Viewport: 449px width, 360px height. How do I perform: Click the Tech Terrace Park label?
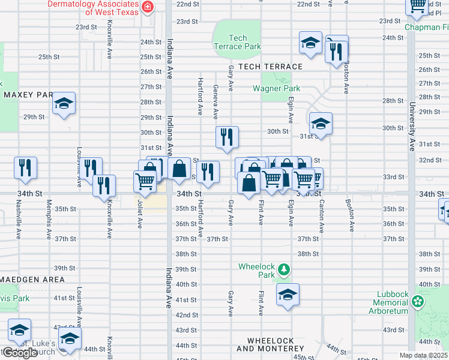click(238, 42)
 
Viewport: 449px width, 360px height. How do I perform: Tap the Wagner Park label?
click(276, 89)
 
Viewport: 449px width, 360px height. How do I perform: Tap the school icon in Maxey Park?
click(64, 104)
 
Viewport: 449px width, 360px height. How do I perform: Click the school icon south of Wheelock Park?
click(288, 295)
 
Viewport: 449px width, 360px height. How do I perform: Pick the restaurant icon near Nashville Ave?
click(25, 168)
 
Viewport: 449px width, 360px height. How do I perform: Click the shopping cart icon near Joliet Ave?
click(145, 179)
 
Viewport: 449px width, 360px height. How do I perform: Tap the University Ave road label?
click(412, 127)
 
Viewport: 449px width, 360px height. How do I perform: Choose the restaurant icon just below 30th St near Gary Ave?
click(227, 137)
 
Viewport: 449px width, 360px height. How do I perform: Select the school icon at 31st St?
click(321, 124)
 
